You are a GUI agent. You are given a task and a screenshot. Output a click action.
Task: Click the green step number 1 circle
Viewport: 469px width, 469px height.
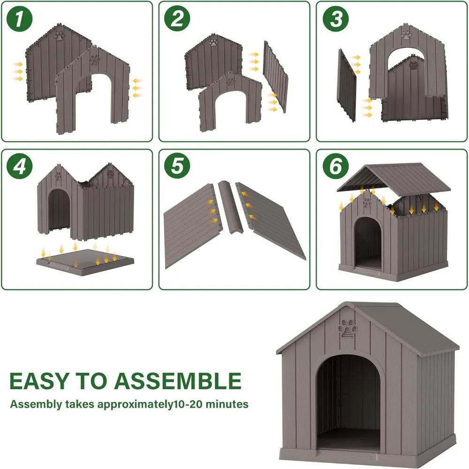tap(19, 19)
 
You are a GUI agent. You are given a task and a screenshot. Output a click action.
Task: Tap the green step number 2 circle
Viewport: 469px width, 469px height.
tap(177, 19)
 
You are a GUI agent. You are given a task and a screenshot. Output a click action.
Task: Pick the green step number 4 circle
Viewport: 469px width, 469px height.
tap(19, 167)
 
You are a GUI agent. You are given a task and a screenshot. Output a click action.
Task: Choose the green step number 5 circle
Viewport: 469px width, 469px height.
tap(177, 167)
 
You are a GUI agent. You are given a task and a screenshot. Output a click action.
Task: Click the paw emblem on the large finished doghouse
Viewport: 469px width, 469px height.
tap(348, 329)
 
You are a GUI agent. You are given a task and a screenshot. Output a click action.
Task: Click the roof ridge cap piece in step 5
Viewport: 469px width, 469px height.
tap(229, 209)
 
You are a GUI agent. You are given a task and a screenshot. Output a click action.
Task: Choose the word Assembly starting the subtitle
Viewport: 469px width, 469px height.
tap(32, 404)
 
